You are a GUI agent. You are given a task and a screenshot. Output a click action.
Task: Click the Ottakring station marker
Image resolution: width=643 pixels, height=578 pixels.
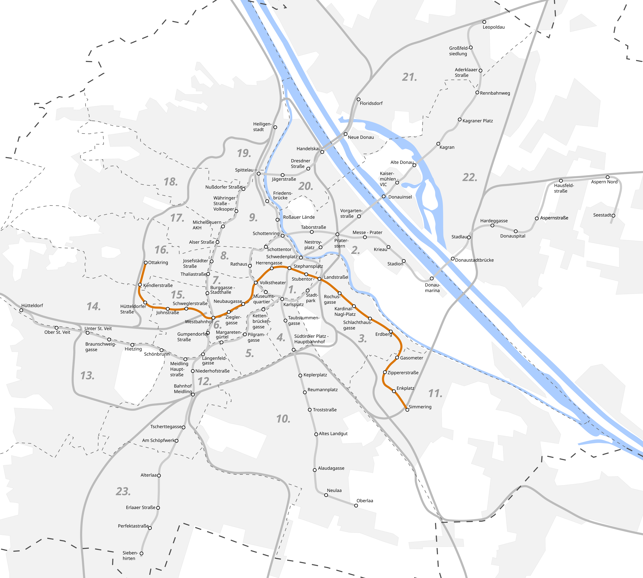pyautogui.click(x=146, y=263)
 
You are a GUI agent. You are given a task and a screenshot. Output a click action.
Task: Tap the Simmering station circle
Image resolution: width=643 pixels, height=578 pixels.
pyautogui.click(x=407, y=410)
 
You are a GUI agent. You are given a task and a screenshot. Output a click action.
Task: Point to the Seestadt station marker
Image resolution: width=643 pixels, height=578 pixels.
pyautogui.click(x=613, y=215)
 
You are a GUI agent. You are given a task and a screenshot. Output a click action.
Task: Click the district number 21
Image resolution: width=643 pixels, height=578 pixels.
pyautogui.click(x=409, y=77)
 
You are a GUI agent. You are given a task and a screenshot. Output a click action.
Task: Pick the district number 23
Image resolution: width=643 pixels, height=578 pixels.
pyautogui.click(x=123, y=491)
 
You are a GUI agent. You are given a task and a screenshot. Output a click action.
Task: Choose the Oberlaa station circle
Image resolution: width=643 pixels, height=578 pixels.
pyautogui.click(x=356, y=506)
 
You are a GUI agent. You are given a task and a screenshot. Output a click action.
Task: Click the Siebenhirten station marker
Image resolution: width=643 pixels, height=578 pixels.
pyautogui.click(x=141, y=553)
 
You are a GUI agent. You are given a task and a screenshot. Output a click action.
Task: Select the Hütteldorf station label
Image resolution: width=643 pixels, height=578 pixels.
pyautogui.click(x=32, y=305)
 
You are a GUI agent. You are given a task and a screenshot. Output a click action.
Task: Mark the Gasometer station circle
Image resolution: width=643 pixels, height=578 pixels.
pyautogui.click(x=397, y=358)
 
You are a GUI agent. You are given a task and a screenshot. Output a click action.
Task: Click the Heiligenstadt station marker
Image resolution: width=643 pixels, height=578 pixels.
pyautogui.click(x=275, y=127)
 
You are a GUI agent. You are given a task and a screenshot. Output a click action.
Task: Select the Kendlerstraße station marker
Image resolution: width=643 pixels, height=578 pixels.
pyautogui.click(x=140, y=285)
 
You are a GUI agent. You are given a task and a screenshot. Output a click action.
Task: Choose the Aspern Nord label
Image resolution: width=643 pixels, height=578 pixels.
pyautogui.click(x=604, y=182)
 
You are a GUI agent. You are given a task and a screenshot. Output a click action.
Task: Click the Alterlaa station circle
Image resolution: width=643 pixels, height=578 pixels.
pyautogui.click(x=159, y=475)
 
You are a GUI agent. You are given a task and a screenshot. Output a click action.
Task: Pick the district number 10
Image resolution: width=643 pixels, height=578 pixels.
pyautogui.click(x=283, y=419)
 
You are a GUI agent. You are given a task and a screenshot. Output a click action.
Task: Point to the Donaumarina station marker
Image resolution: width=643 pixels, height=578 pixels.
pyautogui.click(x=432, y=279)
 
